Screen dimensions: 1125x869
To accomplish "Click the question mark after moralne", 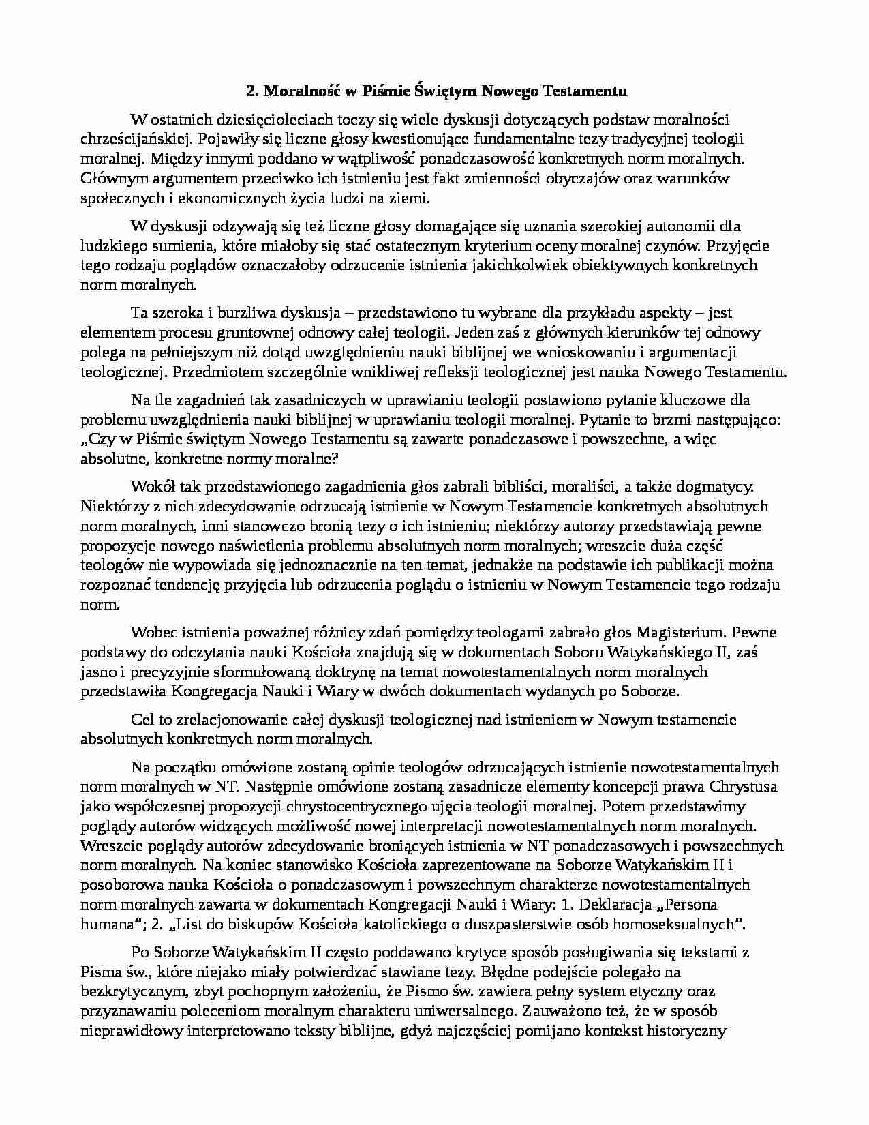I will click(x=333, y=459).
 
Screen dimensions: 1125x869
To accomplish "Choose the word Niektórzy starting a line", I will click(x=112, y=507).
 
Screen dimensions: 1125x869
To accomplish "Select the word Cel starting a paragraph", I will click(x=141, y=720).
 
